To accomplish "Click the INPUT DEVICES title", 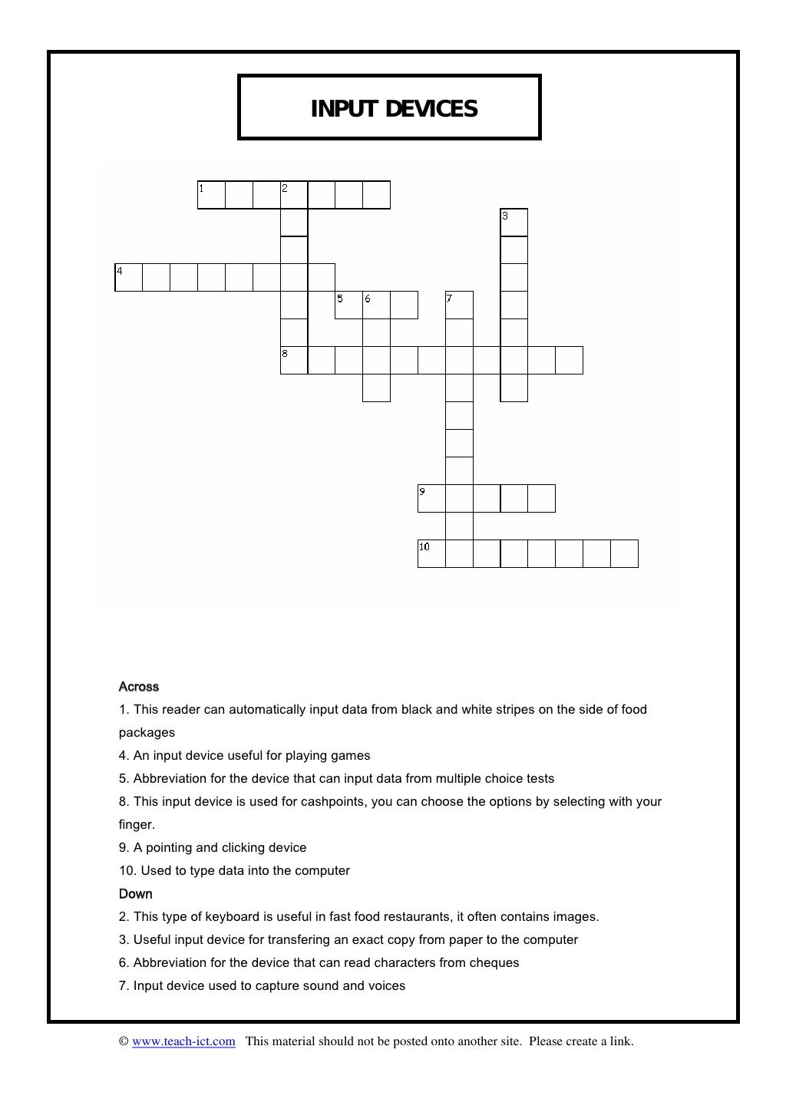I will coord(394,109).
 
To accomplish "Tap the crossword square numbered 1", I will coord(211,195).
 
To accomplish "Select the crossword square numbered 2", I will coord(294,195).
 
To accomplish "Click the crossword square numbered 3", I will coord(514,223).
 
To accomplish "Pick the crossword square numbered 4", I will coord(128,278).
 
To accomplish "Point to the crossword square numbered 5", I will coord(349,305).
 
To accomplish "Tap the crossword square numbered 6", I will coord(377,305).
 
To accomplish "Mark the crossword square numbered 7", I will coord(459,305).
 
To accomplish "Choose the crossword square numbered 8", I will coord(294,361).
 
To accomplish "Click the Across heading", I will coord(139,687).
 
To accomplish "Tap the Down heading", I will coord(136,894).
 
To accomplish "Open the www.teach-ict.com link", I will coord(183,1041).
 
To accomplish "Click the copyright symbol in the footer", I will coord(123,1041).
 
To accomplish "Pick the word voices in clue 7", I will coord(387,986).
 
